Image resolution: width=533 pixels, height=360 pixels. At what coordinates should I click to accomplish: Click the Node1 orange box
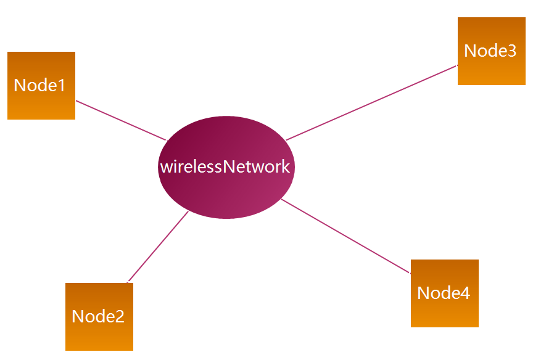[x=41, y=86]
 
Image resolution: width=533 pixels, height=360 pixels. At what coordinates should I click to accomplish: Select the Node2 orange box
[x=99, y=316]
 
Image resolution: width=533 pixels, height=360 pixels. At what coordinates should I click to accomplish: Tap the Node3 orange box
[x=492, y=51]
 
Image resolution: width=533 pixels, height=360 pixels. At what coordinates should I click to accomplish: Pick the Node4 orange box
[x=445, y=293]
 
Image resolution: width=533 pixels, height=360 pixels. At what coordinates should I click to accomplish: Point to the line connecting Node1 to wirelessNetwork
[x=122, y=120]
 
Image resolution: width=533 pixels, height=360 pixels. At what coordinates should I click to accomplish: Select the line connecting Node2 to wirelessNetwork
[x=158, y=247]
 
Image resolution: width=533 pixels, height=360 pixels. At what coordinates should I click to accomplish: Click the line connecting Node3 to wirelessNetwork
[x=372, y=102]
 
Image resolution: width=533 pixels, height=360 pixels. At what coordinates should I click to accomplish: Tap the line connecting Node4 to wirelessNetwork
[x=346, y=236]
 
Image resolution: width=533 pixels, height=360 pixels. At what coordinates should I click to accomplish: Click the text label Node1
[x=39, y=85]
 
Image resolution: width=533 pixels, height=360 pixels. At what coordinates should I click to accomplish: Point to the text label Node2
[x=98, y=316]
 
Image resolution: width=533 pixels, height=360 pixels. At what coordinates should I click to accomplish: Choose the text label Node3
[x=490, y=51]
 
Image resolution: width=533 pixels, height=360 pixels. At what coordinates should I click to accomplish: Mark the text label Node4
[x=444, y=293]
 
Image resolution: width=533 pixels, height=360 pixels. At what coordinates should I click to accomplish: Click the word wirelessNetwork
[x=225, y=166]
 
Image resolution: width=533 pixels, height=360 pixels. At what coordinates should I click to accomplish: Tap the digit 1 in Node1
[x=62, y=85]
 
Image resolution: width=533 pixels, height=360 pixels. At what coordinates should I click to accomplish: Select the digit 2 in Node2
[x=120, y=316]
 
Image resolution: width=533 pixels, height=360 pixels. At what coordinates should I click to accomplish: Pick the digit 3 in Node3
[x=511, y=51]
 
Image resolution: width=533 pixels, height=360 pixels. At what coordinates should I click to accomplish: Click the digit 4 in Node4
[x=465, y=293]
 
